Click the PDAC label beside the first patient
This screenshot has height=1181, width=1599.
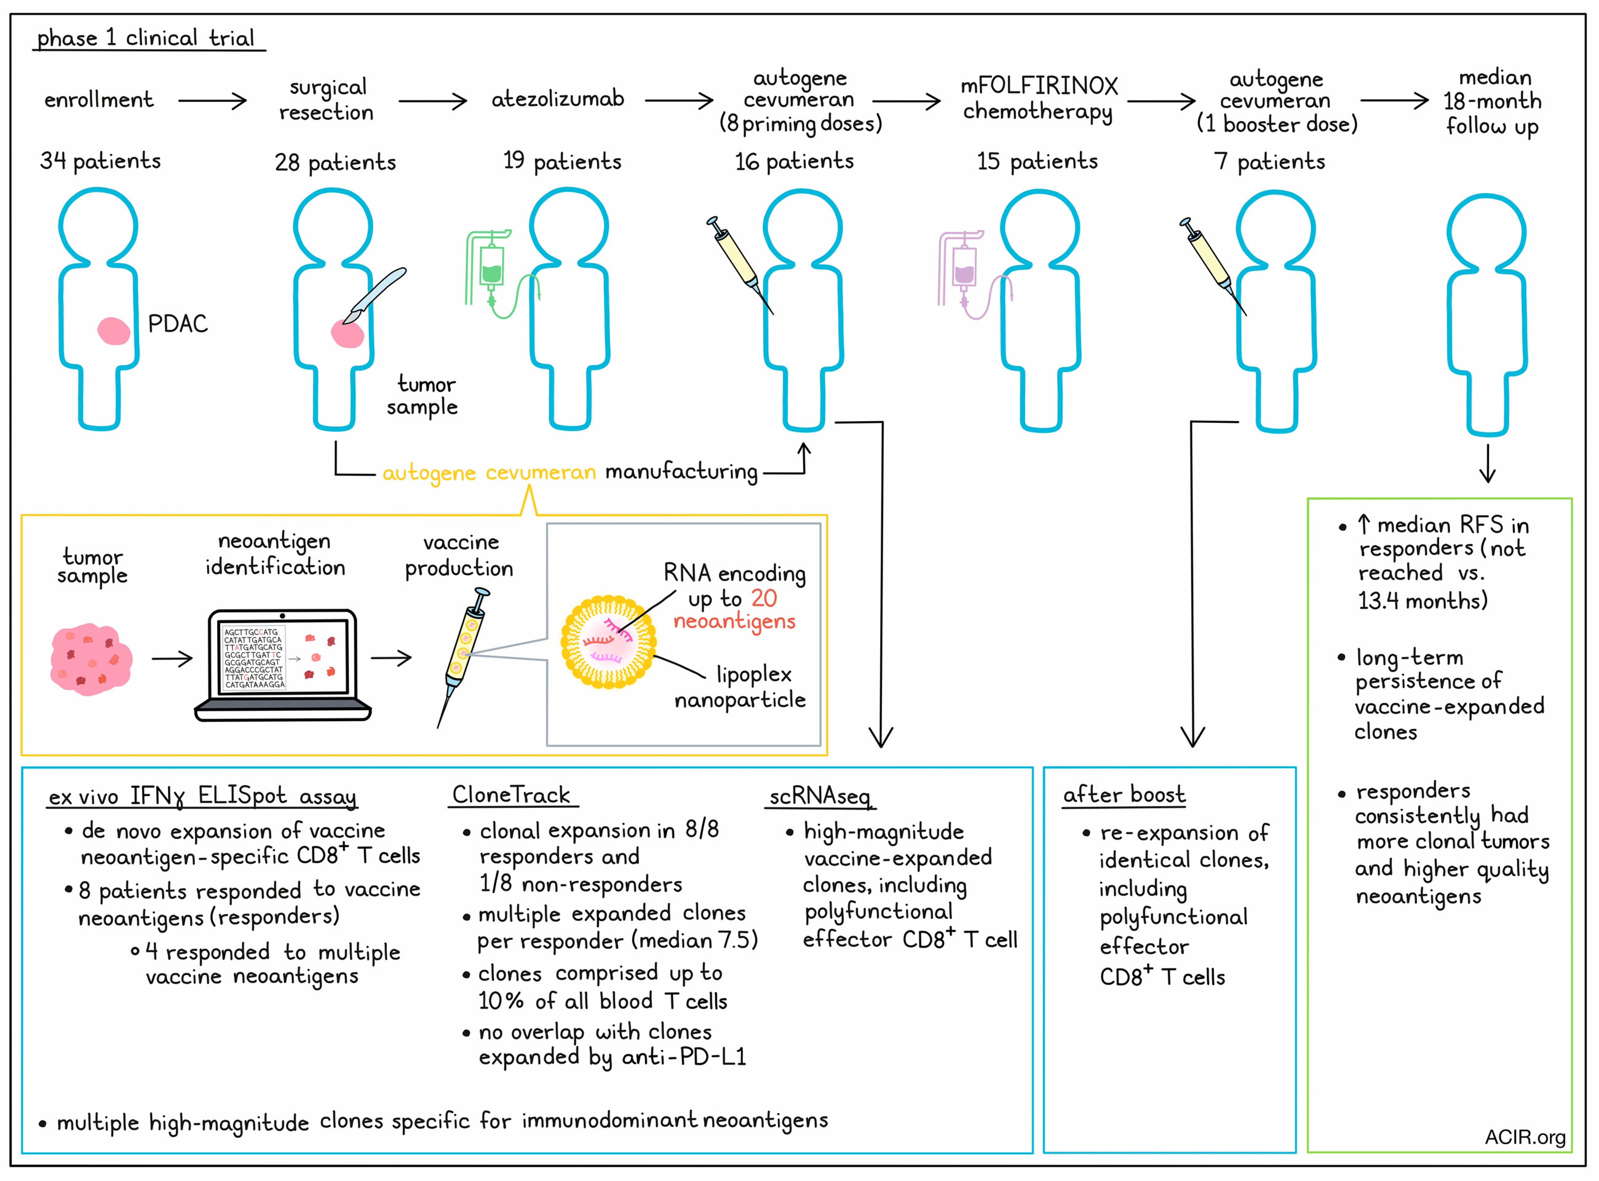[177, 324]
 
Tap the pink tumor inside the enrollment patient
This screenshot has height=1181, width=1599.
[114, 331]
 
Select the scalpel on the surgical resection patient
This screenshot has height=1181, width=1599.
[374, 295]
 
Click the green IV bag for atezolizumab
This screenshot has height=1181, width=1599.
[492, 266]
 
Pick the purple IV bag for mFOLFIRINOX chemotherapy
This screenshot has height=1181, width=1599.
[964, 267]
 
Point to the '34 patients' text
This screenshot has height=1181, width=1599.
[100, 161]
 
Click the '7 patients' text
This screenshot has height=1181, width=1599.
[1269, 162]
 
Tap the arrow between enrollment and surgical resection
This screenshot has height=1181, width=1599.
[212, 101]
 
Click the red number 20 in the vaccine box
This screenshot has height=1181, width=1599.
[764, 598]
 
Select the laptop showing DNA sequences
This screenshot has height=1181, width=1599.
[282, 665]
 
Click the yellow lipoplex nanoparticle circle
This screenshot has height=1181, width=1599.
[608, 641]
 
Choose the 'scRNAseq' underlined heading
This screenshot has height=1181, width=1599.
[820, 796]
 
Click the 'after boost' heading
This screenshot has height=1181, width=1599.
[1124, 794]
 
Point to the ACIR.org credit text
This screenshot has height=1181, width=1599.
[1525, 1137]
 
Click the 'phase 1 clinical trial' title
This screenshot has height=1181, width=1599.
[146, 38]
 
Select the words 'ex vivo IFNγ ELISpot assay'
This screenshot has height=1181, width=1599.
[202, 796]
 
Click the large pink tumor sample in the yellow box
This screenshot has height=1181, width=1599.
[91, 658]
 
